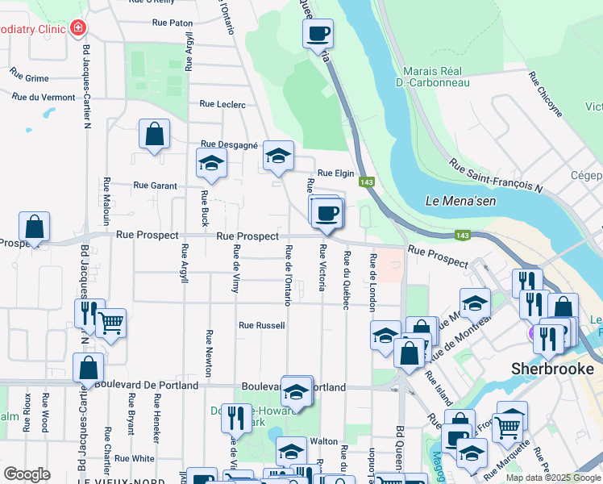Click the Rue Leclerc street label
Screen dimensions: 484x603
coord(222,104)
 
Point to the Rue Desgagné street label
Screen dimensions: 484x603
coord(228,144)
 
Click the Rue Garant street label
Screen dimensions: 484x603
coord(155,186)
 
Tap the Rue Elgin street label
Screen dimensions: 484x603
coord(336,173)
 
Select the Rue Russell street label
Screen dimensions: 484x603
coord(261,326)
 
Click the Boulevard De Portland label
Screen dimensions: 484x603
coord(146,386)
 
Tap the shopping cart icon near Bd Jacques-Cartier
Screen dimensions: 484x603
coord(111,323)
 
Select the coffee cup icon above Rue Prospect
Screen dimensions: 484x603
coord(326,213)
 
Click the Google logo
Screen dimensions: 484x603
coord(27,474)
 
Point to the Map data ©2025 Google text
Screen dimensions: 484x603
coord(554,478)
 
